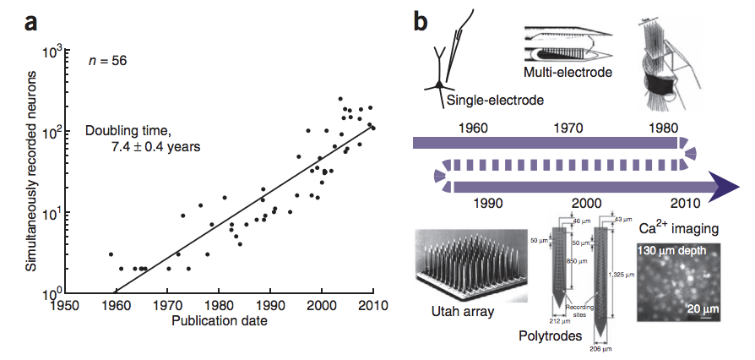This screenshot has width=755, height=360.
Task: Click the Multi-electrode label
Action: [567, 73]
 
